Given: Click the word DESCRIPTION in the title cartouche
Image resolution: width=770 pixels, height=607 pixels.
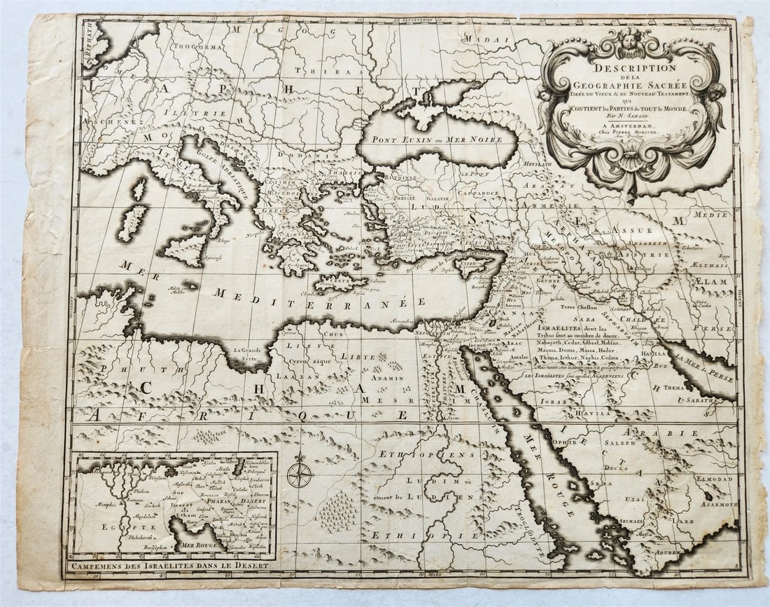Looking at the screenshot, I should [636, 68].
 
